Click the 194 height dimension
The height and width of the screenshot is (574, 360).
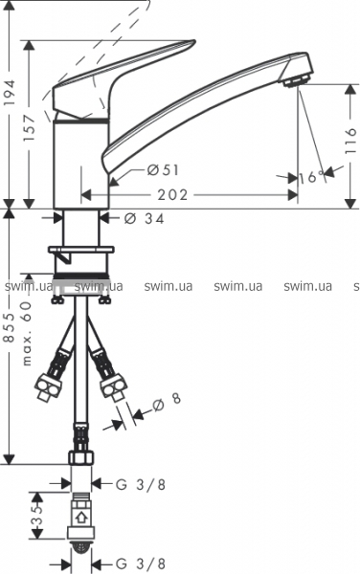10,92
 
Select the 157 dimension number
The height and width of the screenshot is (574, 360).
29,128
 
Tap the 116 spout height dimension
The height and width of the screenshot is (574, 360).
350,142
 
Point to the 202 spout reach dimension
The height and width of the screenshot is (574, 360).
172,195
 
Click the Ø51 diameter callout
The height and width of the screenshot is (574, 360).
163,170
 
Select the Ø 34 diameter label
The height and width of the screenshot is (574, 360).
145,218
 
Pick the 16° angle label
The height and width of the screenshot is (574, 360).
312,177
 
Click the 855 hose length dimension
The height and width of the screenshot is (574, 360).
10,327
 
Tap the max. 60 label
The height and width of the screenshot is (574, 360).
27,334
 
